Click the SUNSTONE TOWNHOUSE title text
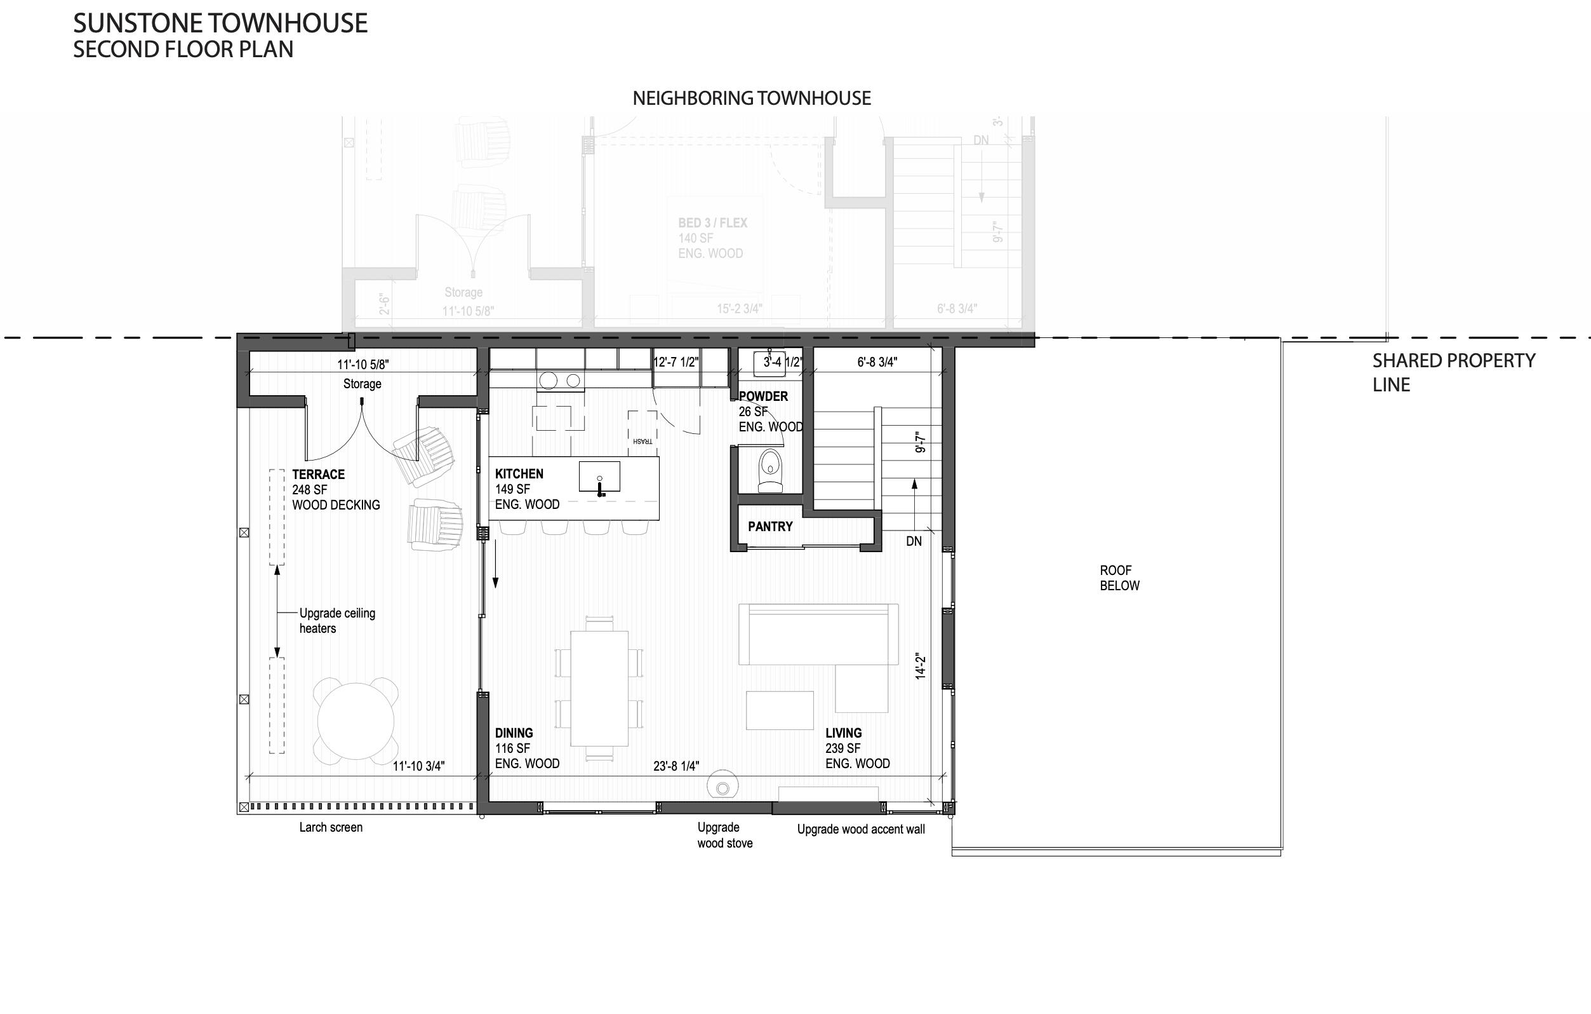coord(220,24)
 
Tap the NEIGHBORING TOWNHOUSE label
coord(751,98)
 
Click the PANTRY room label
coord(769,527)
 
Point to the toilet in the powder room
coord(769,471)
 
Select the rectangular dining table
coord(599,687)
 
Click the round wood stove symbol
coord(722,787)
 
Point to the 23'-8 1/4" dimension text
coord(676,766)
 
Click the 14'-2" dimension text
coord(921,666)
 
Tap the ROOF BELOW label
coord(1119,578)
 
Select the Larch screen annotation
coord(330,828)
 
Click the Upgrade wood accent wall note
coord(860,830)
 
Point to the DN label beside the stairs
coord(914,541)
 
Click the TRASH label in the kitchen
coord(642,441)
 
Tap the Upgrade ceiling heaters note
coord(337,621)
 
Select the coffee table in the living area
coord(780,710)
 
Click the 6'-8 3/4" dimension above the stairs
coord(877,362)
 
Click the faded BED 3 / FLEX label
coord(712,224)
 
